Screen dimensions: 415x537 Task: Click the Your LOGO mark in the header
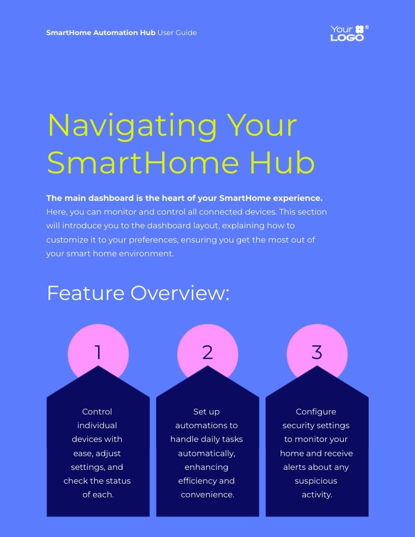pyautogui.click(x=347, y=33)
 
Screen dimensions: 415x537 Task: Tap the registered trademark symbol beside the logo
pyautogui.click(x=367, y=27)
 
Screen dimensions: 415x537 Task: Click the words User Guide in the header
pyautogui.click(x=177, y=33)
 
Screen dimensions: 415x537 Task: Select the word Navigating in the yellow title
pyautogui.click(x=133, y=126)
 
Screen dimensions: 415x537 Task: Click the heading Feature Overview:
pyautogui.click(x=138, y=293)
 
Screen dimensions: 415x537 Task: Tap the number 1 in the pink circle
pyautogui.click(x=98, y=352)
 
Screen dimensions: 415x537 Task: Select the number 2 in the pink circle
pyautogui.click(x=207, y=352)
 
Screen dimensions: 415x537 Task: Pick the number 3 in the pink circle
pyautogui.click(x=317, y=352)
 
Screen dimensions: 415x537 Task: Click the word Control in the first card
pyautogui.click(x=97, y=412)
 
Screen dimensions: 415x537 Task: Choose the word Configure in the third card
pyautogui.click(x=316, y=412)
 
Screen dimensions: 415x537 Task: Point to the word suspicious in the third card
pyautogui.click(x=316, y=481)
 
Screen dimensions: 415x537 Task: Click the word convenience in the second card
pyautogui.click(x=207, y=495)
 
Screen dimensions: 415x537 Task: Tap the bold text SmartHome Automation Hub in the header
pyautogui.click(x=101, y=33)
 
